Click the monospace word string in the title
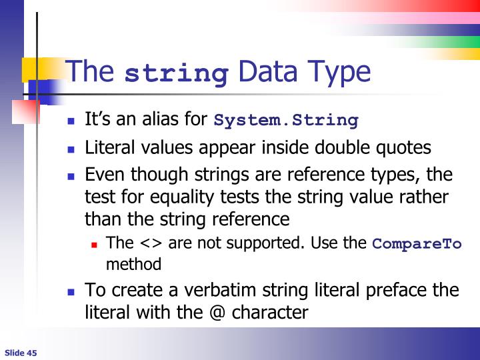[177, 73]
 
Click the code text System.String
[286, 121]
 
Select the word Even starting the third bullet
[105, 175]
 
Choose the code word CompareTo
[416, 243]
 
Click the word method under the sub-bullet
[133, 264]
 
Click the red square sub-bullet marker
[95, 245]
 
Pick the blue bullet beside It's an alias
[73, 122]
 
